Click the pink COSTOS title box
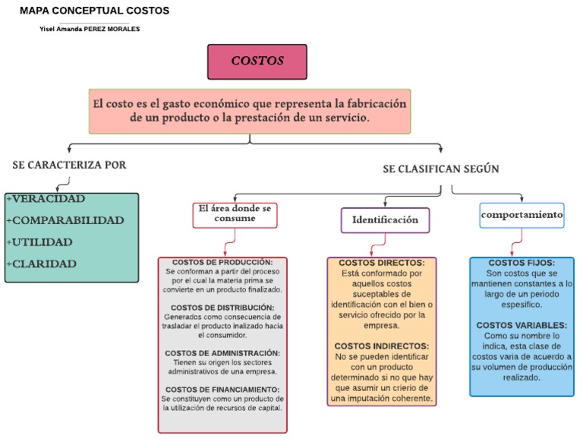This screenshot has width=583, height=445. click(x=257, y=62)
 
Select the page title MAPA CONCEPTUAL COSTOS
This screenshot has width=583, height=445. click(x=95, y=11)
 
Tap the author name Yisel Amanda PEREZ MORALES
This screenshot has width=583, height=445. click(x=90, y=29)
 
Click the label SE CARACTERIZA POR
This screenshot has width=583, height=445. click(x=70, y=165)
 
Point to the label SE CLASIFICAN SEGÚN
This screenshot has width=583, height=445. click(x=440, y=169)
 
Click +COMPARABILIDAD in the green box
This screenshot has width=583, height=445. click(x=65, y=220)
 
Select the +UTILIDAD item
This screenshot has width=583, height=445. click(x=39, y=242)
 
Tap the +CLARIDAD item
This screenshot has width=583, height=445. click(x=41, y=264)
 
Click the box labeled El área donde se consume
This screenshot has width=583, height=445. click(x=235, y=213)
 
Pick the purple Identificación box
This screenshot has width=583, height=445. click(x=385, y=219)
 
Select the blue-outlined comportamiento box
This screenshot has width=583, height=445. click(x=522, y=215)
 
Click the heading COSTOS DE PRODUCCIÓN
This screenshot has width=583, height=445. click(x=222, y=262)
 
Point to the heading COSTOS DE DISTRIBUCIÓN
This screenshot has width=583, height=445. click(x=222, y=308)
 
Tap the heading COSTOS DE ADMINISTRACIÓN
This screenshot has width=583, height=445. click(x=222, y=353)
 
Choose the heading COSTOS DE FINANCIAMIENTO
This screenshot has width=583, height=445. click(x=222, y=390)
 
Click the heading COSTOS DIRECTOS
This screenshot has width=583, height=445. click(x=381, y=263)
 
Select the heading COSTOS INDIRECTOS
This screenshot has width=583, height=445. click(x=381, y=346)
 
